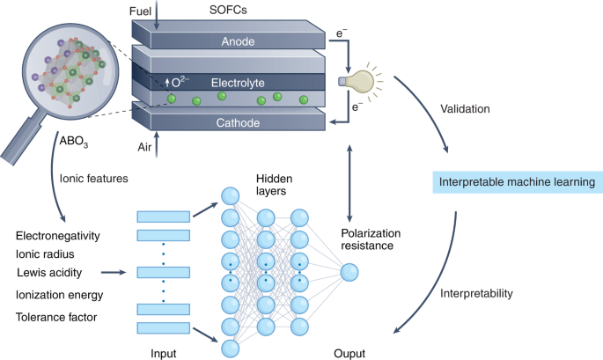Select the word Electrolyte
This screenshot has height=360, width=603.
238,82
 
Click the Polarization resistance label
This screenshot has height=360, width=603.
371,241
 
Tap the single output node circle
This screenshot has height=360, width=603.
349,274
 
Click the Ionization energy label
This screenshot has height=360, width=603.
60,295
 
